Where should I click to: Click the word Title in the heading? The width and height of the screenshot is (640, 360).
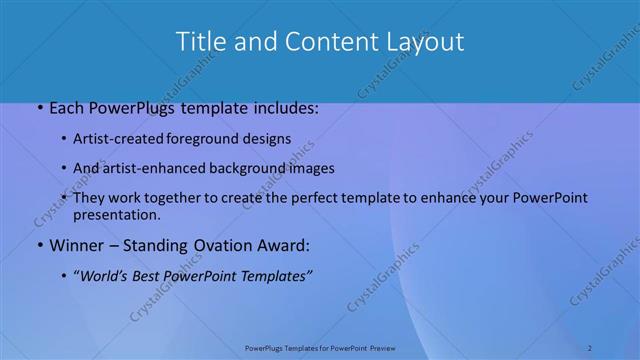pyautogui.click(x=199, y=41)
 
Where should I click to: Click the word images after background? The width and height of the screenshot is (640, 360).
pyautogui.click(x=310, y=168)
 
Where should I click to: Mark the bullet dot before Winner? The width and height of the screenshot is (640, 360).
pyautogui.click(x=39, y=245)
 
